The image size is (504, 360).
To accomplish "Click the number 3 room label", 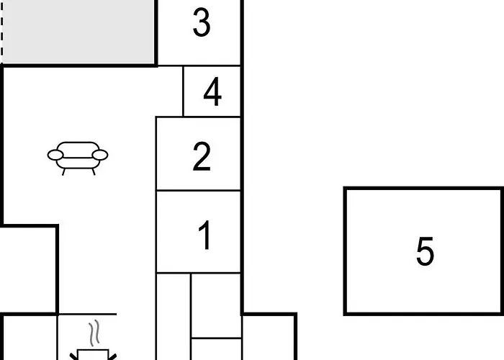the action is click(202, 22).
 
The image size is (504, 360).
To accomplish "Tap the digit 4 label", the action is click(212, 91).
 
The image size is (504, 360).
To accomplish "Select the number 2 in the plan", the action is click(202, 156).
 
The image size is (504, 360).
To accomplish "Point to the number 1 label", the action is click(204, 235).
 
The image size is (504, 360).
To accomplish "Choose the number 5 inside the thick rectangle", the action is click(425, 251).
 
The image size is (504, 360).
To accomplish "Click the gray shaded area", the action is click(78, 32).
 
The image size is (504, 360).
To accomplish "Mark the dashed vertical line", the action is click(1, 32).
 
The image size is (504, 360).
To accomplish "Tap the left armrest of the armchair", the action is click(55, 155).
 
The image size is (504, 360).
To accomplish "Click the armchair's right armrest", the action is click(100, 155).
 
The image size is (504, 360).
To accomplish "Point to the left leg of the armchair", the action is click(63, 172).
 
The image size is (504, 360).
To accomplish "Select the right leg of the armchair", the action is click(94, 172).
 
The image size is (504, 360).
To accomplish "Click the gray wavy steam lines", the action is click(94, 333).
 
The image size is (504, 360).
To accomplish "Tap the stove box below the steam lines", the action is click(93, 354).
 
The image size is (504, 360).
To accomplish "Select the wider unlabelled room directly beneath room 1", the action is click(216, 305).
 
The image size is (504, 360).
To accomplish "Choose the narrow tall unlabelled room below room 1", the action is click(174, 317).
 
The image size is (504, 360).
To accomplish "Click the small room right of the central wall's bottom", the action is click(269, 338).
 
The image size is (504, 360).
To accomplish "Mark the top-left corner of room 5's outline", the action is click(345, 189).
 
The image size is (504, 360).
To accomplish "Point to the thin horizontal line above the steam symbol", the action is click(87, 314).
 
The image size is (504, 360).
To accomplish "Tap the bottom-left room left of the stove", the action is click(30, 338).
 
